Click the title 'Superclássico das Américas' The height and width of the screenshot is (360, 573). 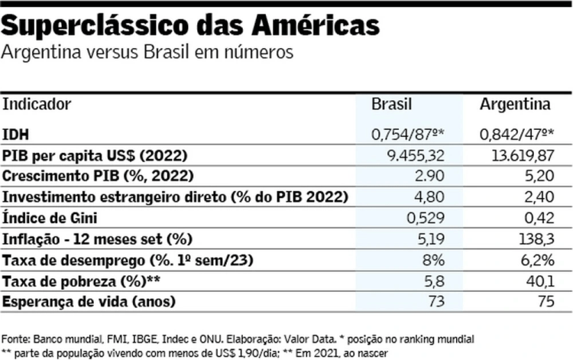[191, 24]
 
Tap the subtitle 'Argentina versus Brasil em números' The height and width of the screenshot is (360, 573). [147, 53]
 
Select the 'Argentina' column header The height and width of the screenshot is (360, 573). [515, 103]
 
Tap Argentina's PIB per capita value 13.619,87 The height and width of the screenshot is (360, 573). [520, 156]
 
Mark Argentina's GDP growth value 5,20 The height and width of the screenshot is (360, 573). [536, 177]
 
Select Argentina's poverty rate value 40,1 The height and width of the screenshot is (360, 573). [536, 281]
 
